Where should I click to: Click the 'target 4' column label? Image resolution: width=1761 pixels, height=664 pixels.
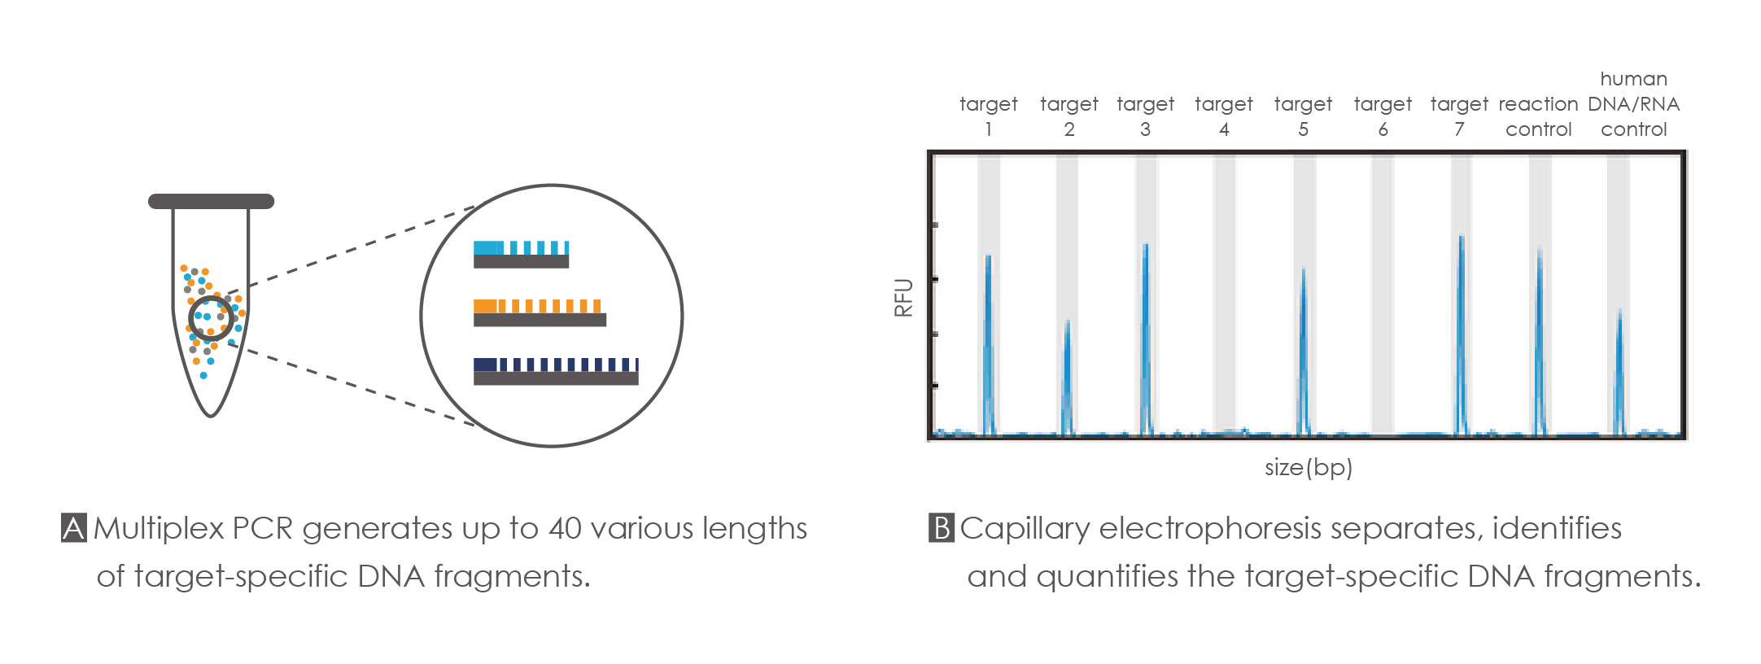pyautogui.click(x=1224, y=116)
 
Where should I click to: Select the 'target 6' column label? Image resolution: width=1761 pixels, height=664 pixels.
pyautogui.click(x=1383, y=116)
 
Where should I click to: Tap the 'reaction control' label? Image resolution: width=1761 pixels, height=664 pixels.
pyautogui.click(x=1538, y=116)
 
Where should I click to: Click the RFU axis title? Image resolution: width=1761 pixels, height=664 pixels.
pyautogui.click(x=903, y=297)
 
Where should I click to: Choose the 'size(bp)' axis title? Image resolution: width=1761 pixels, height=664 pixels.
pyautogui.click(x=1309, y=467)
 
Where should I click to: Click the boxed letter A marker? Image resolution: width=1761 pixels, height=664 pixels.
pyautogui.click(x=74, y=528)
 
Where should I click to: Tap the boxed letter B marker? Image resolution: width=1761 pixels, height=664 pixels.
pyautogui.click(x=942, y=528)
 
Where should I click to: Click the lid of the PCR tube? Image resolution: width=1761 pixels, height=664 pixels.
pyautogui.click(x=211, y=201)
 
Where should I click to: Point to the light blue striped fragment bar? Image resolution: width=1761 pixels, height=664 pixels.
pyautogui.click(x=521, y=254)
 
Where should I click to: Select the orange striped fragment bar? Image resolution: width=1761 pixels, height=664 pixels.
pyautogui.click(x=540, y=312)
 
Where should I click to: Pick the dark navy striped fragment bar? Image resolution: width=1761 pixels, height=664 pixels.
pyautogui.click(x=556, y=371)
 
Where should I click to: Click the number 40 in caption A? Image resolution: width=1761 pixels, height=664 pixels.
pyautogui.click(x=566, y=529)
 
